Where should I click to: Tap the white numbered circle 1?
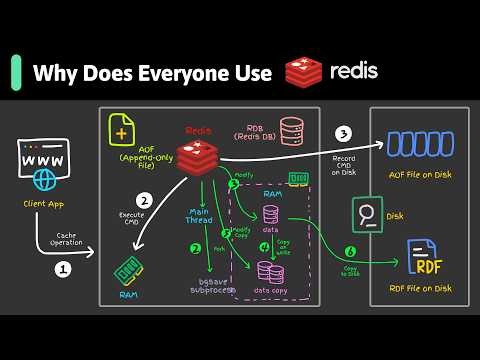pos(62,268)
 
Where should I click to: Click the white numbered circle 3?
pos(342,133)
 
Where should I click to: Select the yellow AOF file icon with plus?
pos(123,131)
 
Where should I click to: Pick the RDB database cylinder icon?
pos(291,131)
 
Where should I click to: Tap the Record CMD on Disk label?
pos(342,163)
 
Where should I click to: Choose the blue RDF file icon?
pos(424,261)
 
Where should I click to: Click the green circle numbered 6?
pos(350,252)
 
